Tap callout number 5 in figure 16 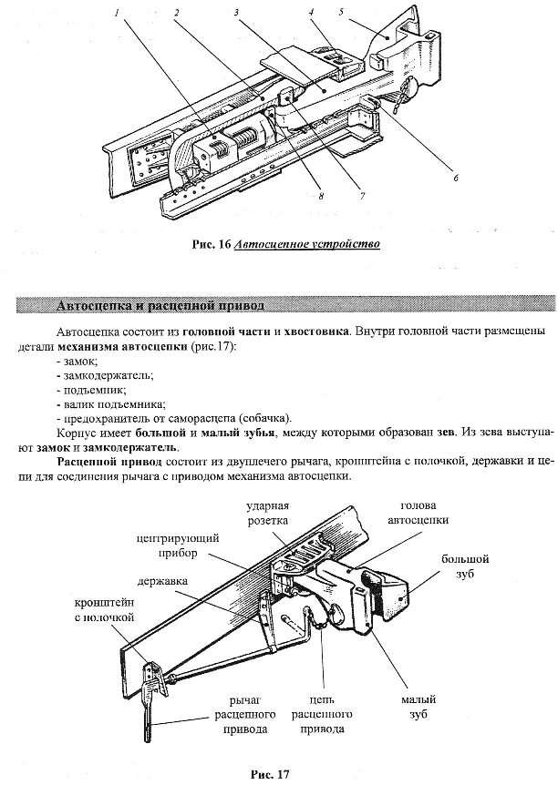click(340, 13)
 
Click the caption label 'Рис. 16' click(211, 244)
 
